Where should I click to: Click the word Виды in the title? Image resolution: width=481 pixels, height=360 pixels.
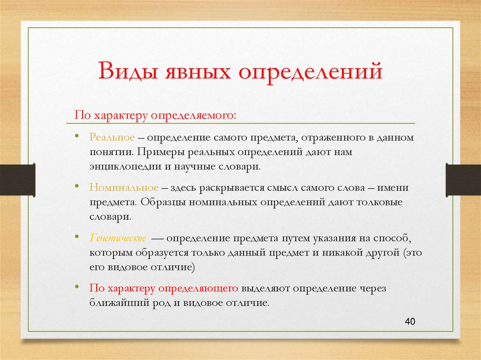pos(126,73)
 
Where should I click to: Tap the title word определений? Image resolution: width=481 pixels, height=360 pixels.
pos(310,73)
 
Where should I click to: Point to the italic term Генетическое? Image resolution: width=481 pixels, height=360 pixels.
pos(118,237)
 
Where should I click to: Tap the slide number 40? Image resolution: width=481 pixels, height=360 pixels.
pos(410,322)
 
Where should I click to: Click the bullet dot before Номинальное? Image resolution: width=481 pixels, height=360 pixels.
pos(77,186)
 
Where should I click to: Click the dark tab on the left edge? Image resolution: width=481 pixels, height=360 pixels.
pos(17,180)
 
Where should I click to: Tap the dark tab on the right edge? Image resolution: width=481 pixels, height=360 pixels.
pos(463,180)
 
